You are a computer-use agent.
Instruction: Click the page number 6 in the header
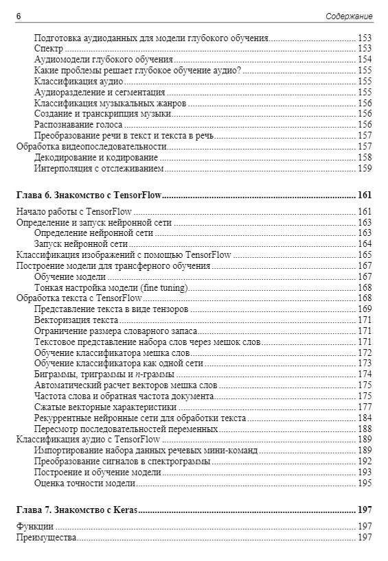[x=18, y=16]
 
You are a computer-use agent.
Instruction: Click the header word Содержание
[x=349, y=16]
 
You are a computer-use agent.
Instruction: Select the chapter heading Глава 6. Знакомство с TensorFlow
[x=89, y=195]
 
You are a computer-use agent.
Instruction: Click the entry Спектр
[x=48, y=49]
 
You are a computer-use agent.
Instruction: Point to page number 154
[x=365, y=60]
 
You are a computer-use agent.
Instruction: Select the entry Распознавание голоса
[x=78, y=125]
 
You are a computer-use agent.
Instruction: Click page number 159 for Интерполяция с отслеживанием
[x=365, y=168]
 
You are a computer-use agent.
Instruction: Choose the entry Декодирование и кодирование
[x=95, y=157]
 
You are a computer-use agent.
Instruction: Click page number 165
[x=365, y=254]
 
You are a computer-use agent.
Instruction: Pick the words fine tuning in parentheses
[x=166, y=287]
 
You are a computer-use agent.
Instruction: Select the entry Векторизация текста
[x=76, y=320]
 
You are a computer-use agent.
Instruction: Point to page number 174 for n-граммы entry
[x=365, y=374]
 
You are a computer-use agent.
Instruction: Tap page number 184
[x=365, y=418]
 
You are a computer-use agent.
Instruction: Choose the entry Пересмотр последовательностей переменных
[x=126, y=429]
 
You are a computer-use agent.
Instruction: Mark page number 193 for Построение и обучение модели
[x=365, y=473]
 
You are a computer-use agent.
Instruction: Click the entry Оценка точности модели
[x=84, y=484]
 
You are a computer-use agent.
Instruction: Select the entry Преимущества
[x=46, y=538]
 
